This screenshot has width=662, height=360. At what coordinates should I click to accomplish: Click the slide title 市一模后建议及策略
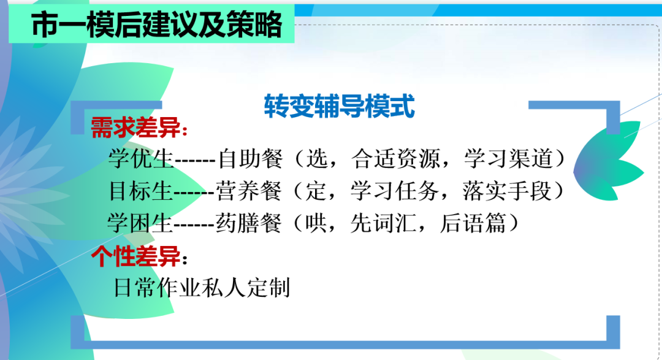[x=156, y=26]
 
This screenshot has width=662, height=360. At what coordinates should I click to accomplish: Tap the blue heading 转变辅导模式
[x=339, y=105]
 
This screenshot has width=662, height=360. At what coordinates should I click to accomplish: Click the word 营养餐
[x=249, y=191]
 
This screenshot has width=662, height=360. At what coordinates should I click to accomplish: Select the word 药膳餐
[x=249, y=223]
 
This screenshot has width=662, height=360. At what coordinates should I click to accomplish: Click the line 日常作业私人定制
[x=202, y=287]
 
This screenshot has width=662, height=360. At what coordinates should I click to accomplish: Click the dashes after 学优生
[x=195, y=161]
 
